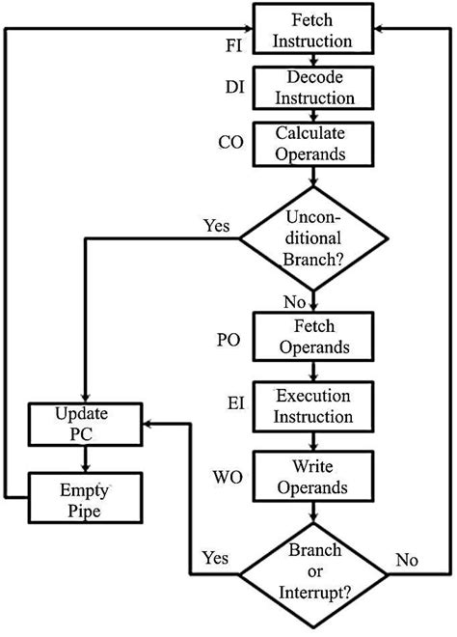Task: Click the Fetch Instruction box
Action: coord(312,30)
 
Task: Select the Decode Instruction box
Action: coord(312,88)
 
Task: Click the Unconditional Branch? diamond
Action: coord(312,239)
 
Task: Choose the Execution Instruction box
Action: coord(312,406)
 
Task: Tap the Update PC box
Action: coord(86,425)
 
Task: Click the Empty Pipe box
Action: coord(86,497)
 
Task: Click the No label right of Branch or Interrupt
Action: coord(407,559)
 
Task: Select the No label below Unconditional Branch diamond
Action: coord(295,302)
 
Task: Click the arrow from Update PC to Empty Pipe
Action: coord(86,457)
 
